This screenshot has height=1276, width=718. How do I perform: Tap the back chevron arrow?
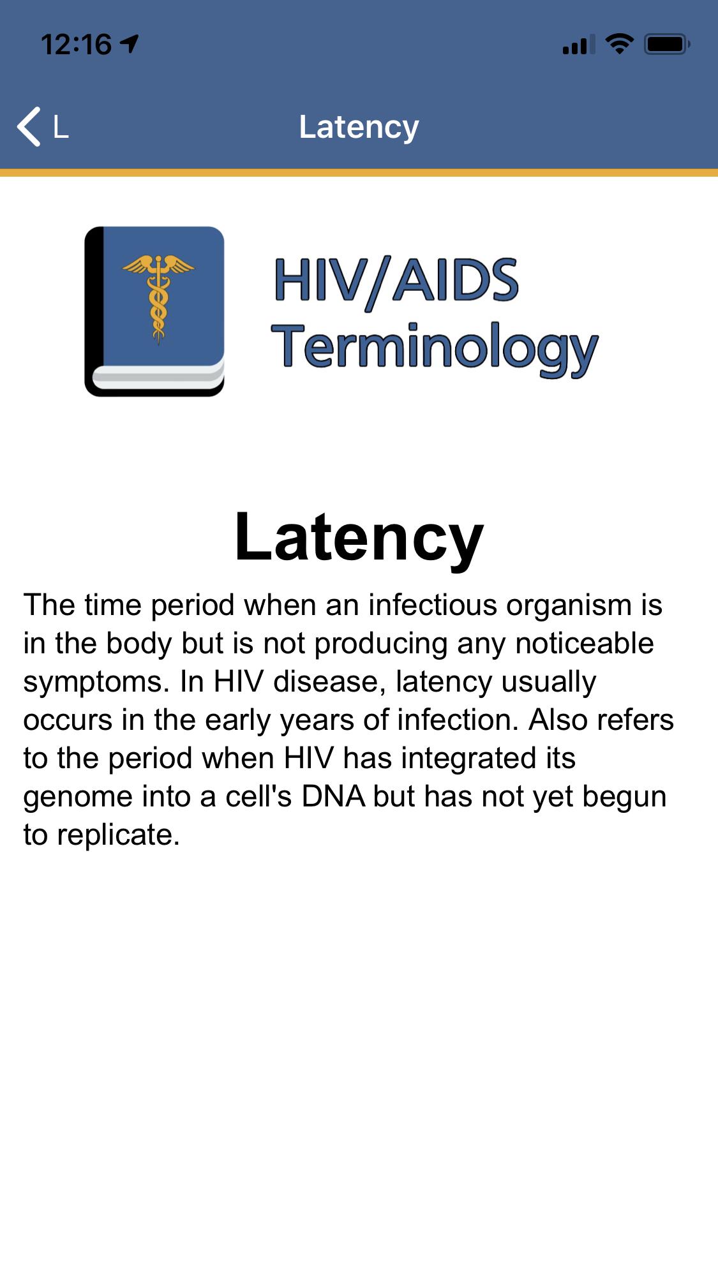pos(29,126)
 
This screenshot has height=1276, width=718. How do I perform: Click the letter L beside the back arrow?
pos(61,127)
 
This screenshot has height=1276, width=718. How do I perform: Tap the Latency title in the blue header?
pos(359,127)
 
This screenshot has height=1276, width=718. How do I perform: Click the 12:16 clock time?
pos(76,44)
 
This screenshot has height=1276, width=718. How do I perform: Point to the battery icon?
pos(667,44)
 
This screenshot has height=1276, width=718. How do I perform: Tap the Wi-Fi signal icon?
pos(619,43)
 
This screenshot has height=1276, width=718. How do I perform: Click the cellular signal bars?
pos(579,44)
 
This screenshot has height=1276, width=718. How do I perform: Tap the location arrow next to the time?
pos(129,43)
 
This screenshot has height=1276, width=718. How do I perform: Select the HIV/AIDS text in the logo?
pos(396,281)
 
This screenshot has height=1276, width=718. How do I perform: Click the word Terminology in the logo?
pos(435,348)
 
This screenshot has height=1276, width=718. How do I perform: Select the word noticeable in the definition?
pos(585,643)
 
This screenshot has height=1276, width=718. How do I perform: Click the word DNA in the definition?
pos(333,796)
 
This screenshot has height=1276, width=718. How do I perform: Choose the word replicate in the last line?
pos(119,835)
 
